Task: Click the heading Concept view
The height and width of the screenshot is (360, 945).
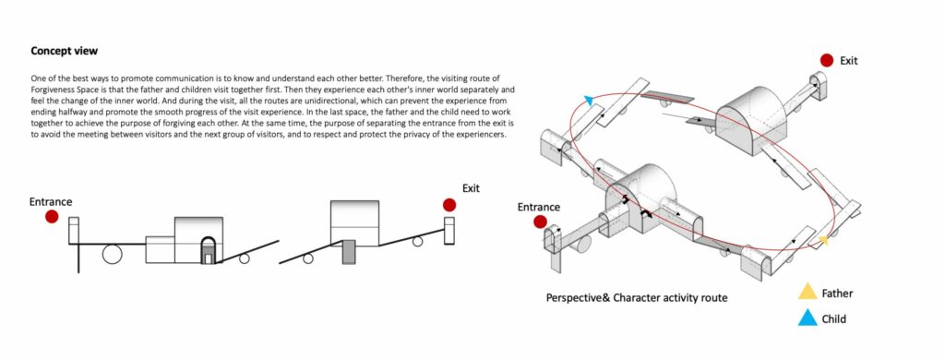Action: (x=64, y=52)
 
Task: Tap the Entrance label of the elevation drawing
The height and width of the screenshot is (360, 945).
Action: (x=51, y=202)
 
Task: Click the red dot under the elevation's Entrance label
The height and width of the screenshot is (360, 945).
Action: (x=52, y=217)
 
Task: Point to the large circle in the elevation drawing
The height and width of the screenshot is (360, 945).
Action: (x=112, y=255)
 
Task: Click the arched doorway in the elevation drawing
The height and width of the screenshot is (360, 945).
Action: (x=208, y=250)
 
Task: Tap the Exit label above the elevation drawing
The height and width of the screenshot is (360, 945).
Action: (x=471, y=188)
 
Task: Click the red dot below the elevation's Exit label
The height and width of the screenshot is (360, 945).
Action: (x=449, y=205)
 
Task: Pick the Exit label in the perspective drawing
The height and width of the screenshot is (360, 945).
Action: (x=849, y=60)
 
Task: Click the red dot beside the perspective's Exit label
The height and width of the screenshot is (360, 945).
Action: (x=827, y=60)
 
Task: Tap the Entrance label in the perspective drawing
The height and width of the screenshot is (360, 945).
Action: (x=539, y=208)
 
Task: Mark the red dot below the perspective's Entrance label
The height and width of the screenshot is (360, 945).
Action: (x=540, y=222)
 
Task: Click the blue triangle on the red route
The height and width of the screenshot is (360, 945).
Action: (x=589, y=100)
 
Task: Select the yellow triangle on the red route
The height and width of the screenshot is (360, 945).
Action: (x=822, y=241)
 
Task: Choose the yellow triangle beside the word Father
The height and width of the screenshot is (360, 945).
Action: (x=807, y=293)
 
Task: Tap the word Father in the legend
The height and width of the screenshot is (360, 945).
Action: (x=838, y=294)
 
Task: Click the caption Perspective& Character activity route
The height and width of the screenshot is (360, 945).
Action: (x=637, y=298)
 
